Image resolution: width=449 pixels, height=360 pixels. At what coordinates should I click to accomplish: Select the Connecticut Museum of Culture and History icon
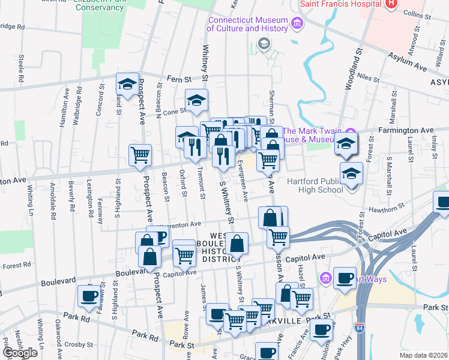coord(296,23)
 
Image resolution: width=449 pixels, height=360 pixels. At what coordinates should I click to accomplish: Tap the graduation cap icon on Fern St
coord(127,85)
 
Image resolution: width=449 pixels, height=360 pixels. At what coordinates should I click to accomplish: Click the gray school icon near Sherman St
coord(263,44)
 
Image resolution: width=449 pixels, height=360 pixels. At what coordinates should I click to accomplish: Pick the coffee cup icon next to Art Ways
coord(344,278)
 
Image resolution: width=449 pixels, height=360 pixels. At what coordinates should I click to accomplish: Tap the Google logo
coord(19,353)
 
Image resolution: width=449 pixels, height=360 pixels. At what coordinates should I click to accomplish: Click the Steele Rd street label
coord(22,69)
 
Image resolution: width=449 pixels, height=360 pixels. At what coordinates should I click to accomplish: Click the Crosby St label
coord(78,345)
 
